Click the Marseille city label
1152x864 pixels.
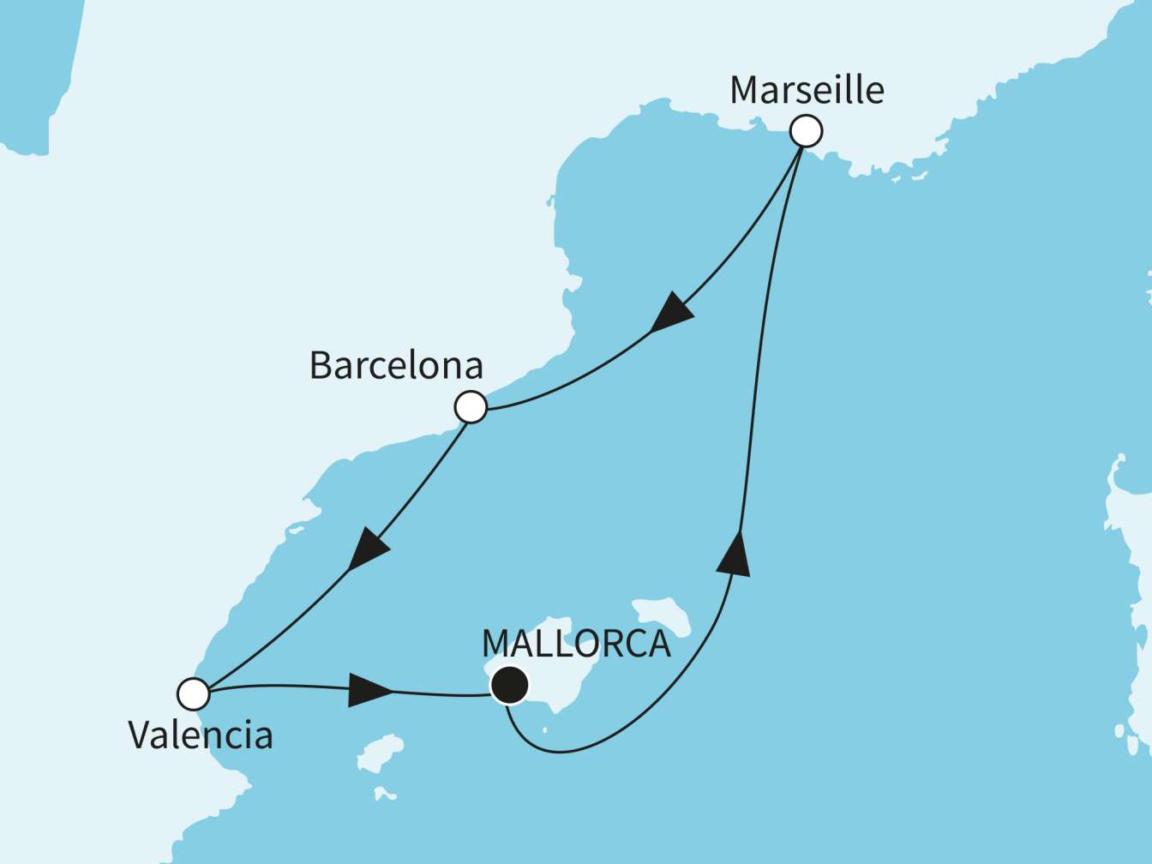point(807,90)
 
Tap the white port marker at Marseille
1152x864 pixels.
point(806,131)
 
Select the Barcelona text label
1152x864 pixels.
point(396,365)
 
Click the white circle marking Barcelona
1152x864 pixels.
point(471,406)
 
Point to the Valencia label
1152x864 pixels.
point(201,735)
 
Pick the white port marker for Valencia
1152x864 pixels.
point(194,693)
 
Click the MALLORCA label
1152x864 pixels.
point(576,644)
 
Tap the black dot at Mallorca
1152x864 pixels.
point(509,684)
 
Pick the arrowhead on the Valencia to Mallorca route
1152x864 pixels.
point(369,690)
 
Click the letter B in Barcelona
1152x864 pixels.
point(320,366)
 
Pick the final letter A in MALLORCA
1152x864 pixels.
point(656,644)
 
